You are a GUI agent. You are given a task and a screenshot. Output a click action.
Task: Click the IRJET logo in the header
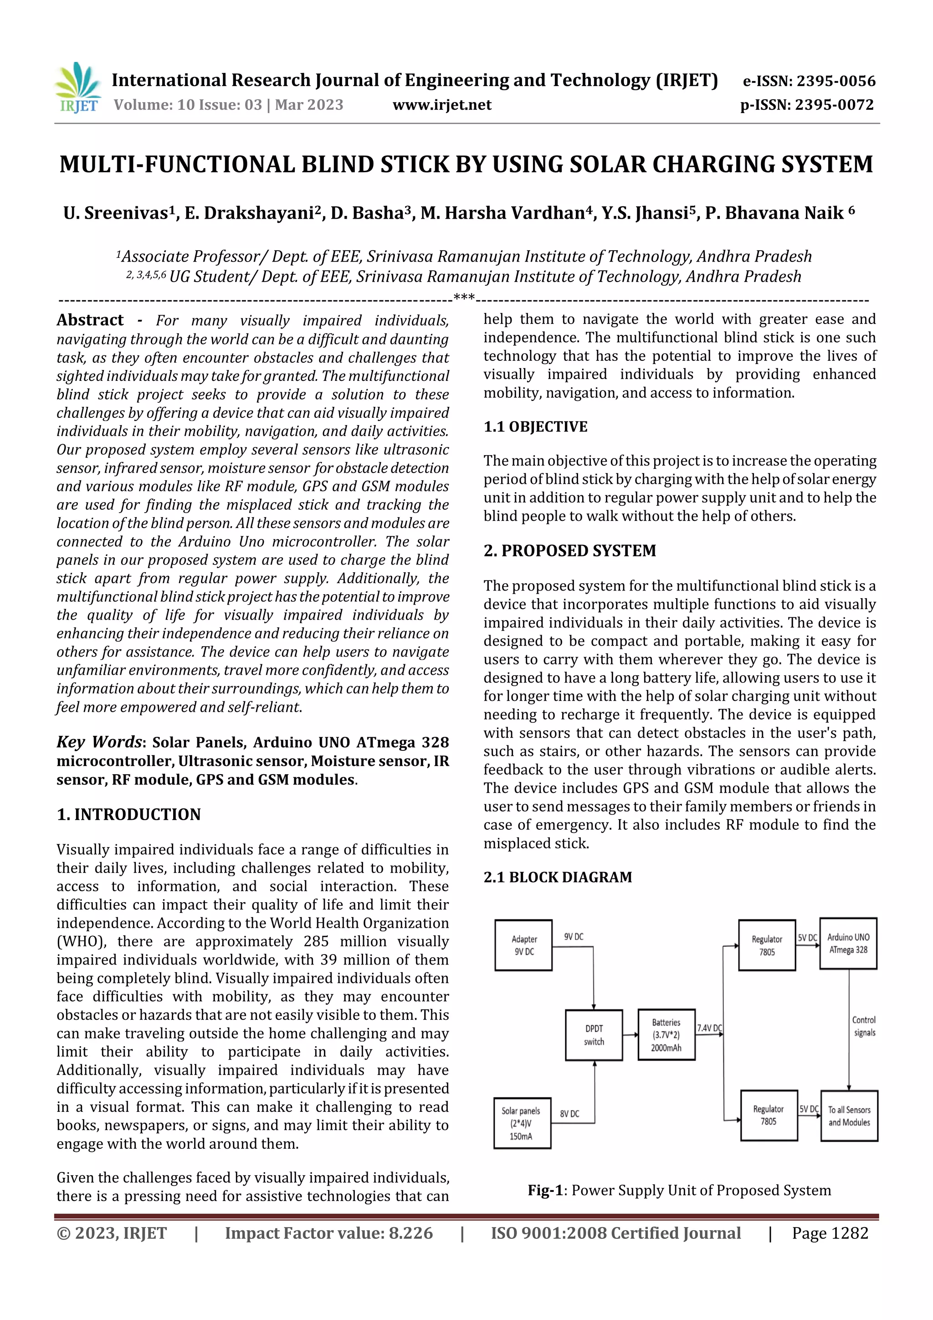pos(77,87)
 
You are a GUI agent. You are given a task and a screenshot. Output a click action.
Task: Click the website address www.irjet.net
pos(441,105)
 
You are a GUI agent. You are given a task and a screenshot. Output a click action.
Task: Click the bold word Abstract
pos(90,320)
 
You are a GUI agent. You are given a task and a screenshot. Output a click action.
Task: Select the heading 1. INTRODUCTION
pos(129,815)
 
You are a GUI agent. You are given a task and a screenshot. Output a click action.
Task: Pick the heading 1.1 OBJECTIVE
pos(535,426)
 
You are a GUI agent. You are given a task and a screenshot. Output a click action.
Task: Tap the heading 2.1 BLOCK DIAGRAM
pos(558,877)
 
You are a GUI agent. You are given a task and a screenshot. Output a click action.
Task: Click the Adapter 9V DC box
pos(524,945)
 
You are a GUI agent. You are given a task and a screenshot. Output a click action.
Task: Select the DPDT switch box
pos(594,1035)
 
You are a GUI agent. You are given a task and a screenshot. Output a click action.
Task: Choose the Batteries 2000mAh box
pos(666,1035)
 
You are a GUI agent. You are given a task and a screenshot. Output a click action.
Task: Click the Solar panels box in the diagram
pos(522,1123)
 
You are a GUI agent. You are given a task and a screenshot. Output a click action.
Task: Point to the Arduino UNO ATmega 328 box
pos(848,944)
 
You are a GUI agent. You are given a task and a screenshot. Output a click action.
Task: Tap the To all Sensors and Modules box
pos(849,1116)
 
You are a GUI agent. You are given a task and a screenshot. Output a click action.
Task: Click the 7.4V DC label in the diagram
pos(709,1028)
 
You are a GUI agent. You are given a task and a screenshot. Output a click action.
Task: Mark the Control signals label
pos(864,1026)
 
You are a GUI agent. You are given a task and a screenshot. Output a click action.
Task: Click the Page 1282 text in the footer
pos(830,1233)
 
